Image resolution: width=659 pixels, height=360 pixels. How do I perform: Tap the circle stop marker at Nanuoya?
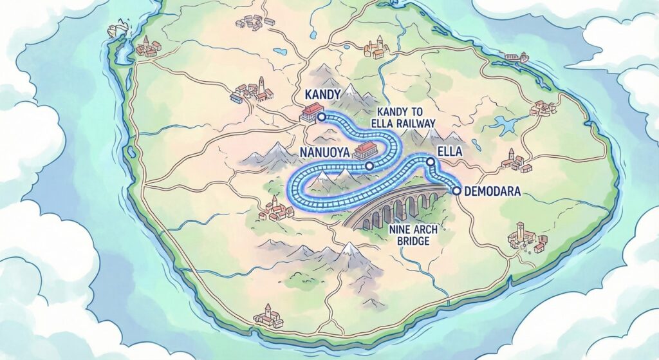[x=369, y=166]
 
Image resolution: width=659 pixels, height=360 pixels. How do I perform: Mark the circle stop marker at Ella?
[x=430, y=161]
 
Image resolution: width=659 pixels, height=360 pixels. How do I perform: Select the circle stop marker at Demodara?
[x=457, y=190]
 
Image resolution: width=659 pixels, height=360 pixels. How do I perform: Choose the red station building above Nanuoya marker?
[x=364, y=151]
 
